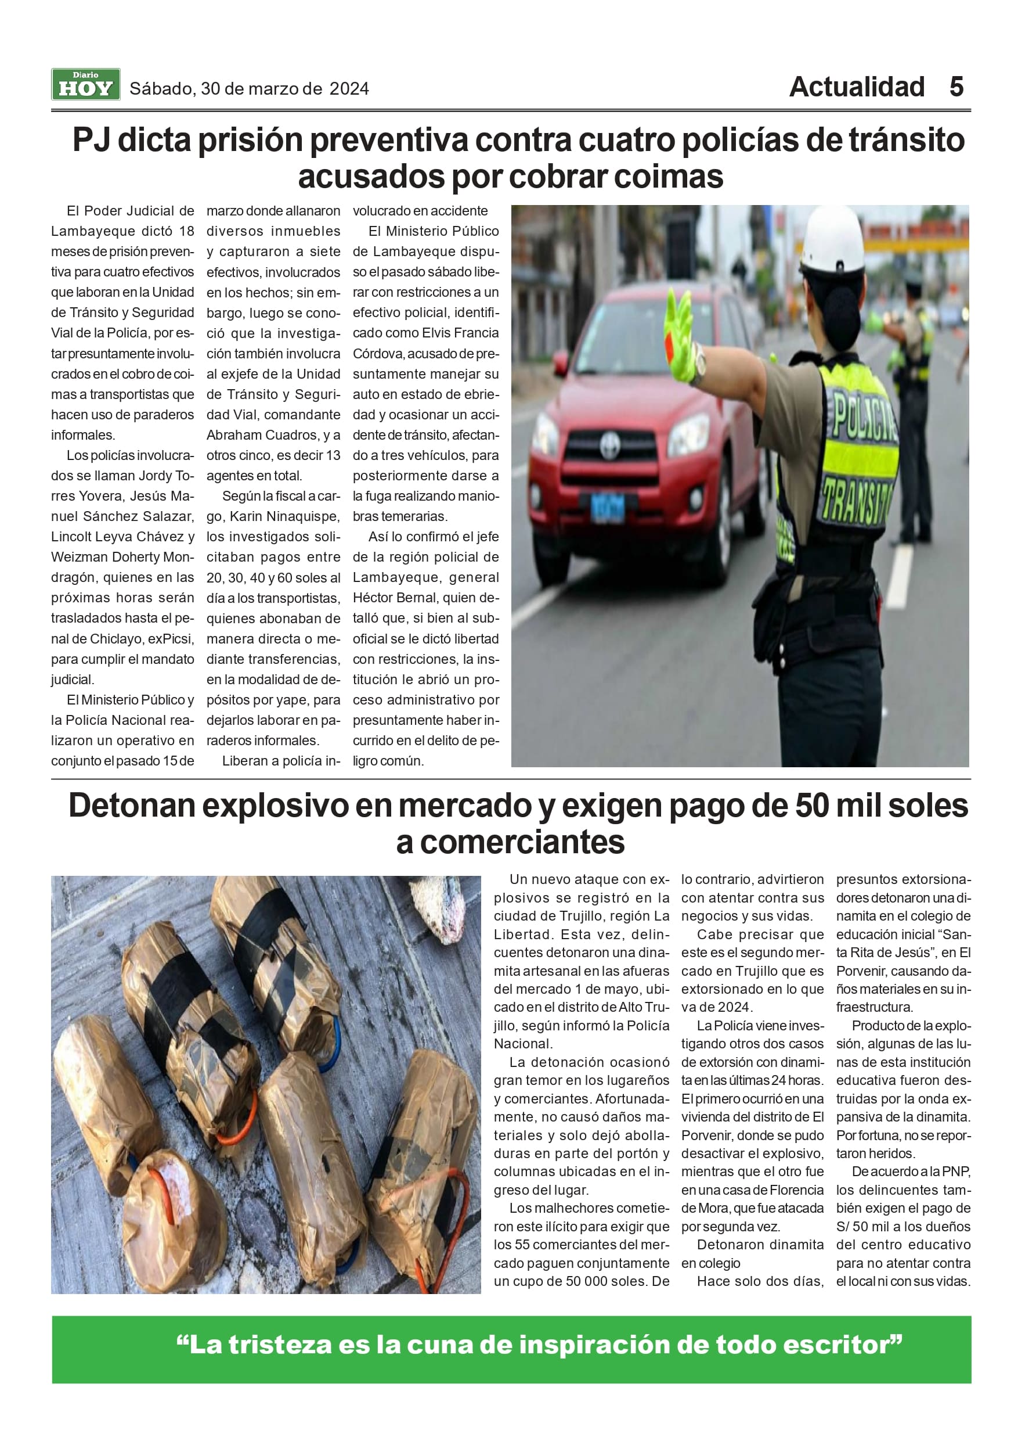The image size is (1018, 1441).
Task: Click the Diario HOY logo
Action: (x=85, y=85)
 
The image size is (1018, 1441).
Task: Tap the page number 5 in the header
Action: (x=956, y=87)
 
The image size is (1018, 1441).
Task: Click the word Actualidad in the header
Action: (x=856, y=87)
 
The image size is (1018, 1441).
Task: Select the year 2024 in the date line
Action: (x=349, y=89)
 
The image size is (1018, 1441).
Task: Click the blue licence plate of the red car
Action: (x=607, y=506)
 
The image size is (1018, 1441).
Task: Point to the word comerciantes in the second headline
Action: (x=522, y=842)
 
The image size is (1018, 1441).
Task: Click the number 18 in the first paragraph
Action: (x=186, y=231)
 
